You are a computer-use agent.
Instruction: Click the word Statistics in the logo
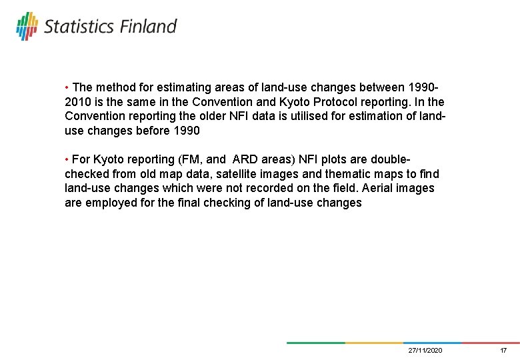pyautogui.click(x=79, y=27)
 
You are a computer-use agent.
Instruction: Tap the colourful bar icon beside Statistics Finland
pyautogui.click(x=27, y=25)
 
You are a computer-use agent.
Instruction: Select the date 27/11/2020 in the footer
pyautogui.click(x=425, y=350)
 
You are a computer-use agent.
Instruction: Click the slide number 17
pyautogui.click(x=503, y=350)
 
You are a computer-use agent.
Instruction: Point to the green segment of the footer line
pyautogui.click(x=315, y=343)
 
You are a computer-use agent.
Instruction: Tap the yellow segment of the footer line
pyautogui.click(x=373, y=343)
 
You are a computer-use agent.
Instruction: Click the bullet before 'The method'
pyautogui.click(x=67, y=88)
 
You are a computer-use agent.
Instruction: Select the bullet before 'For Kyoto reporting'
pyautogui.click(x=67, y=160)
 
